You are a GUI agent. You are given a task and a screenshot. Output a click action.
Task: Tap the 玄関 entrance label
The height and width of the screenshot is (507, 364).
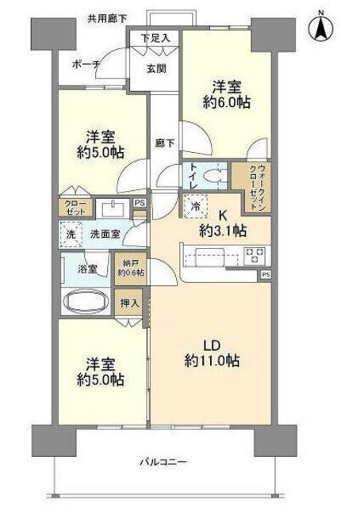pyautogui.click(x=156, y=69)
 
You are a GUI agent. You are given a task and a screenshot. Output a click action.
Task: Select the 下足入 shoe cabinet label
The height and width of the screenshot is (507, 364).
pyautogui.click(x=155, y=38)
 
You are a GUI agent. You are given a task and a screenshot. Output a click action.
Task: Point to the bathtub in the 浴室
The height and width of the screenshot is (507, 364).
pyautogui.click(x=86, y=302)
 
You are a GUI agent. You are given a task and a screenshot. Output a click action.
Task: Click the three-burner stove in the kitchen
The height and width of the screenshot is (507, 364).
pyautogui.click(x=255, y=255)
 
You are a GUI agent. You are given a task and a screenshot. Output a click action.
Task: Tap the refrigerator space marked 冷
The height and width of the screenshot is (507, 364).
pyautogui.click(x=195, y=206)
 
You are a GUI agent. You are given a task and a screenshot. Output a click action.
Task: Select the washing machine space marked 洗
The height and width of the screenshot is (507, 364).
pyautogui.click(x=71, y=234)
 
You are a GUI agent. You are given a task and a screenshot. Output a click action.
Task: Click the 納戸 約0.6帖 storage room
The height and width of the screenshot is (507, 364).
pyautogui.click(x=131, y=269)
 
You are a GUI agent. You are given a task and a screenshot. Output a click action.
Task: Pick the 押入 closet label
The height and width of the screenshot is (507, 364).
pyautogui.click(x=130, y=303)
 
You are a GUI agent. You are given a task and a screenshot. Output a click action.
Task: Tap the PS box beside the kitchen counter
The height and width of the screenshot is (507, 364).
pyautogui.click(x=266, y=275)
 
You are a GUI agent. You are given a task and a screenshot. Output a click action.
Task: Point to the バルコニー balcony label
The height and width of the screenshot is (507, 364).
pyautogui.click(x=163, y=461)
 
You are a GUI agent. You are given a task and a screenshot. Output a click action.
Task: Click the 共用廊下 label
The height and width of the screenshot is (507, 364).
pyautogui.click(x=107, y=19)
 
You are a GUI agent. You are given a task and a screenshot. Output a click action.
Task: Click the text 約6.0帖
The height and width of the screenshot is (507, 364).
pyautogui.click(x=227, y=102)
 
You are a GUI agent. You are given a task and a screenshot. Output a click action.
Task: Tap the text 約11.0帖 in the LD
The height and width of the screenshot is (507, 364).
pyautogui.click(x=213, y=360)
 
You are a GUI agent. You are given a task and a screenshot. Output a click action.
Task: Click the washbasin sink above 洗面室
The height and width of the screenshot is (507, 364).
pyautogui.click(x=113, y=208)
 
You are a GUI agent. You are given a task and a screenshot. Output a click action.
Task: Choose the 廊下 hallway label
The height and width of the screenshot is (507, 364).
pyautogui.click(x=165, y=143)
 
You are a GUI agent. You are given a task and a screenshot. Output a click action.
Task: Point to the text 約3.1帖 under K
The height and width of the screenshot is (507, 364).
pyautogui.click(x=223, y=231)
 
